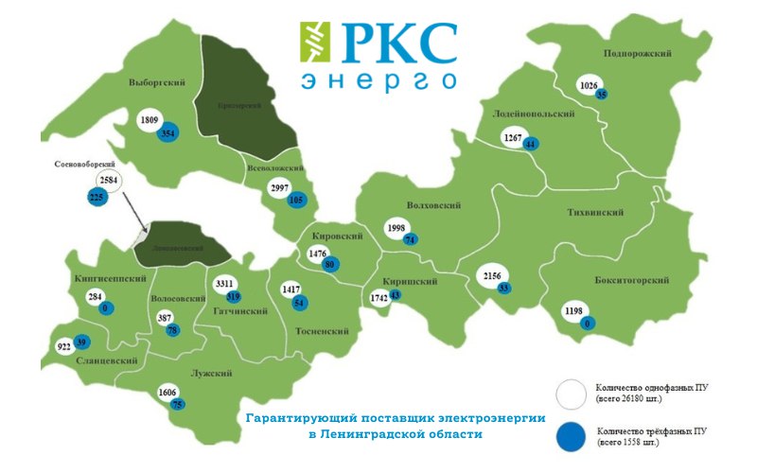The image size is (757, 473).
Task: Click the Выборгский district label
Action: (x=156, y=83)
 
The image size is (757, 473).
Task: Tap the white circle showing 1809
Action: (x=149, y=121)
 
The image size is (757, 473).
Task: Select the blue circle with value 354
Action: (x=168, y=133)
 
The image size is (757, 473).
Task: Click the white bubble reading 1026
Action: (x=589, y=86)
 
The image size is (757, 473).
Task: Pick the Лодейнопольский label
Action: (x=534, y=114)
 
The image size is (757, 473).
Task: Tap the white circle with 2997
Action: (x=280, y=188)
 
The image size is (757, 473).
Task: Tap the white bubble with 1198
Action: (x=574, y=311)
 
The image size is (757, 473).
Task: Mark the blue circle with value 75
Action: (x=177, y=405)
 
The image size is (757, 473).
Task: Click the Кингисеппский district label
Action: (x=110, y=279)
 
